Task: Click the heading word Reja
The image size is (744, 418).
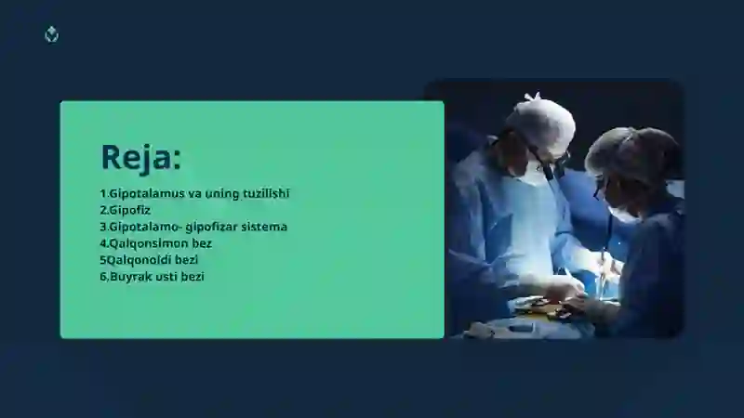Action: click(x=136, y=157)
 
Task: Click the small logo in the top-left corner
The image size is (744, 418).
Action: click(x=51, y=34)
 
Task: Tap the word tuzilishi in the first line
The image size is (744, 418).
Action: click(x=266, y=193)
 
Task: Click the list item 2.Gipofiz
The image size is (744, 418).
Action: click(x=126, y=211)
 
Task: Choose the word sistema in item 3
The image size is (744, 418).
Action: click(x=264, y=227)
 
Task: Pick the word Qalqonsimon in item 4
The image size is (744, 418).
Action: click(x=149, y=243)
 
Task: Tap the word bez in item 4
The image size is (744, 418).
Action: click(x=202, y=243)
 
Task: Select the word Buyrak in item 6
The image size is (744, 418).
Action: click(x=130, y=277)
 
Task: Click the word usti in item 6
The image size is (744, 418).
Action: click(x=166, y=276)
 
